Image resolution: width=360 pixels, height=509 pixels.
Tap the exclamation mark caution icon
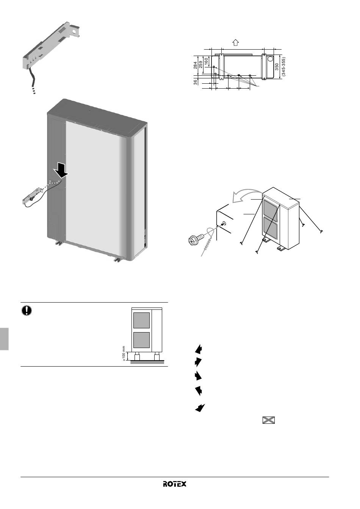(x=27, y=311)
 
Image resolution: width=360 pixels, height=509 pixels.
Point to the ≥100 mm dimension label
(x=124, y=354)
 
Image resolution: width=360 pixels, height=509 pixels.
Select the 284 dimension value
(x=196, y=66)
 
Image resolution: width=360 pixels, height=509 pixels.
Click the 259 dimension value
(x=200, y=65)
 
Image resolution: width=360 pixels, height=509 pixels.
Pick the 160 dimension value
(x=206, y=61)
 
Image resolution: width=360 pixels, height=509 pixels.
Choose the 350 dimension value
(x=277, y=67)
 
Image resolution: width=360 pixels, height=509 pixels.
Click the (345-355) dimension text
(x=283, y=67)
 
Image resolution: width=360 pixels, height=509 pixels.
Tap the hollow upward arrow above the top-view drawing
(x=236, y=42)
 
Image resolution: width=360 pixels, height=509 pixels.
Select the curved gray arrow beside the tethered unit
(x=246, y=194)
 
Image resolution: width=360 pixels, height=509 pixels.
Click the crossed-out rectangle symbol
(x=269, y=420)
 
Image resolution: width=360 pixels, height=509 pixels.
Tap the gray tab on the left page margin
(x=4, y=339)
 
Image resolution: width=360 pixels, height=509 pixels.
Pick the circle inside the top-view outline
(x=271, y=59)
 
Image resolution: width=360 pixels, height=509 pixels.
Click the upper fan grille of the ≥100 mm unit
(x=141, y=320)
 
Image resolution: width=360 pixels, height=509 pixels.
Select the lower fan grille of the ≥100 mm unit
(x=141, y=340)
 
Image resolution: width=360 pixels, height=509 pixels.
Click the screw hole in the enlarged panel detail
(x=224, y=223)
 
